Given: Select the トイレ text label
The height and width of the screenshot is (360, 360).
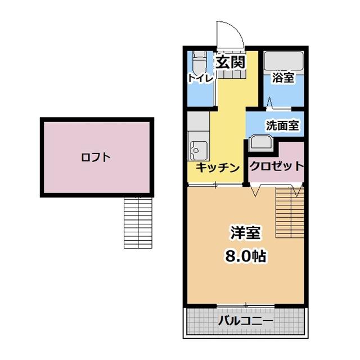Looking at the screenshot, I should point(201,79).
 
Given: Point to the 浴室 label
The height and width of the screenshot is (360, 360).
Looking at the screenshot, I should point(282,78).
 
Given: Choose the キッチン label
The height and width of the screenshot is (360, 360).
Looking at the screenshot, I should point(218,167).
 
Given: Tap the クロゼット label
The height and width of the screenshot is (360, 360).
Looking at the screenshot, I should point(276,166).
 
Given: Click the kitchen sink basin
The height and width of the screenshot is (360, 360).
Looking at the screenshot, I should point(199,150).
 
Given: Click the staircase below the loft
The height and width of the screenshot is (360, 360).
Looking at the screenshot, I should point(138,222).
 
